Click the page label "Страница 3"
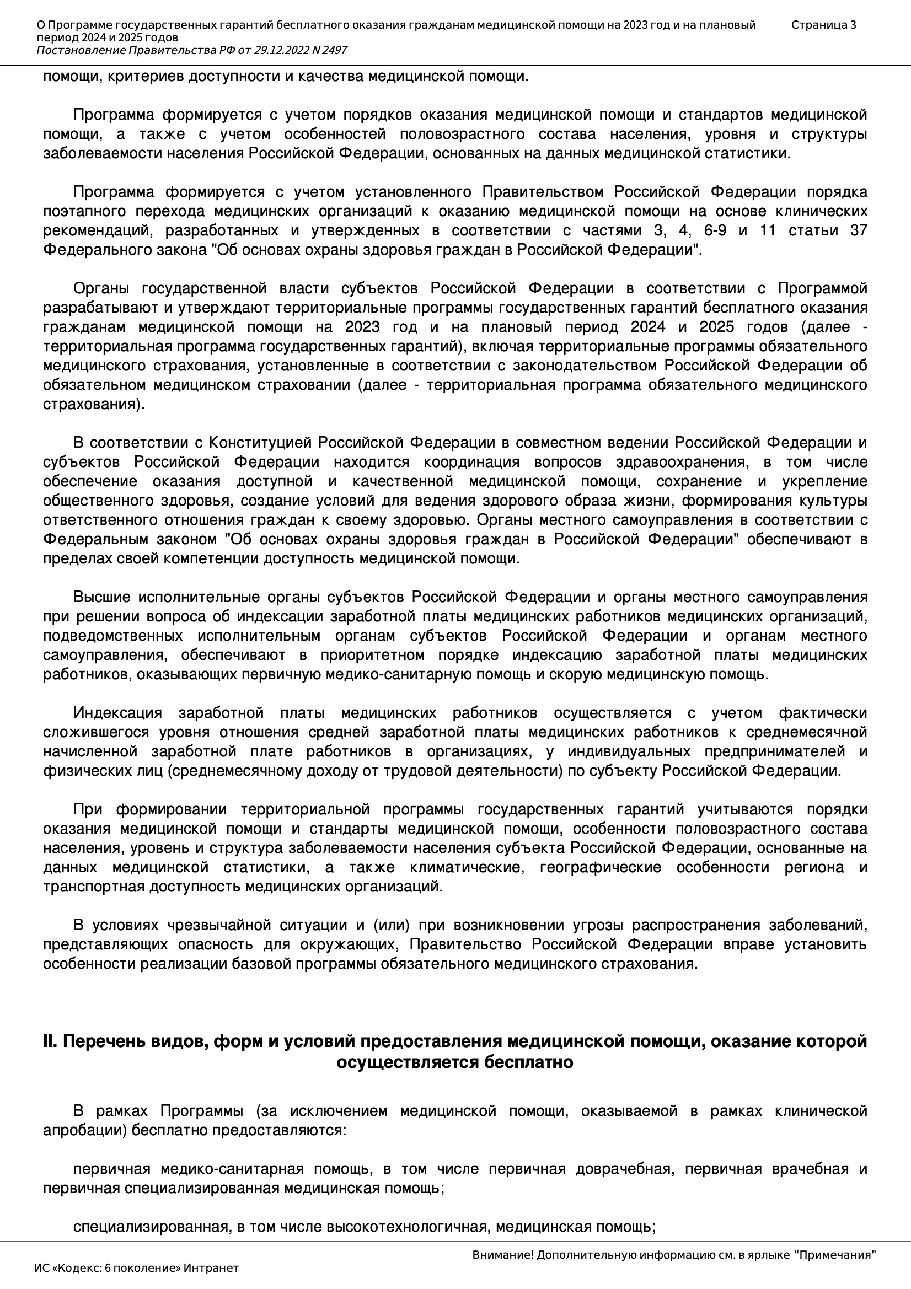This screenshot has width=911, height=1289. coord(823,25)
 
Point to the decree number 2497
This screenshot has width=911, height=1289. coord(334,51)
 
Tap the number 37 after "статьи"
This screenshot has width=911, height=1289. coord(858,230)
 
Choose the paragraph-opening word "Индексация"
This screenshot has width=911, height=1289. coord(117,713)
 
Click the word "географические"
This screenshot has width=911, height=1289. coord(600,867)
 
